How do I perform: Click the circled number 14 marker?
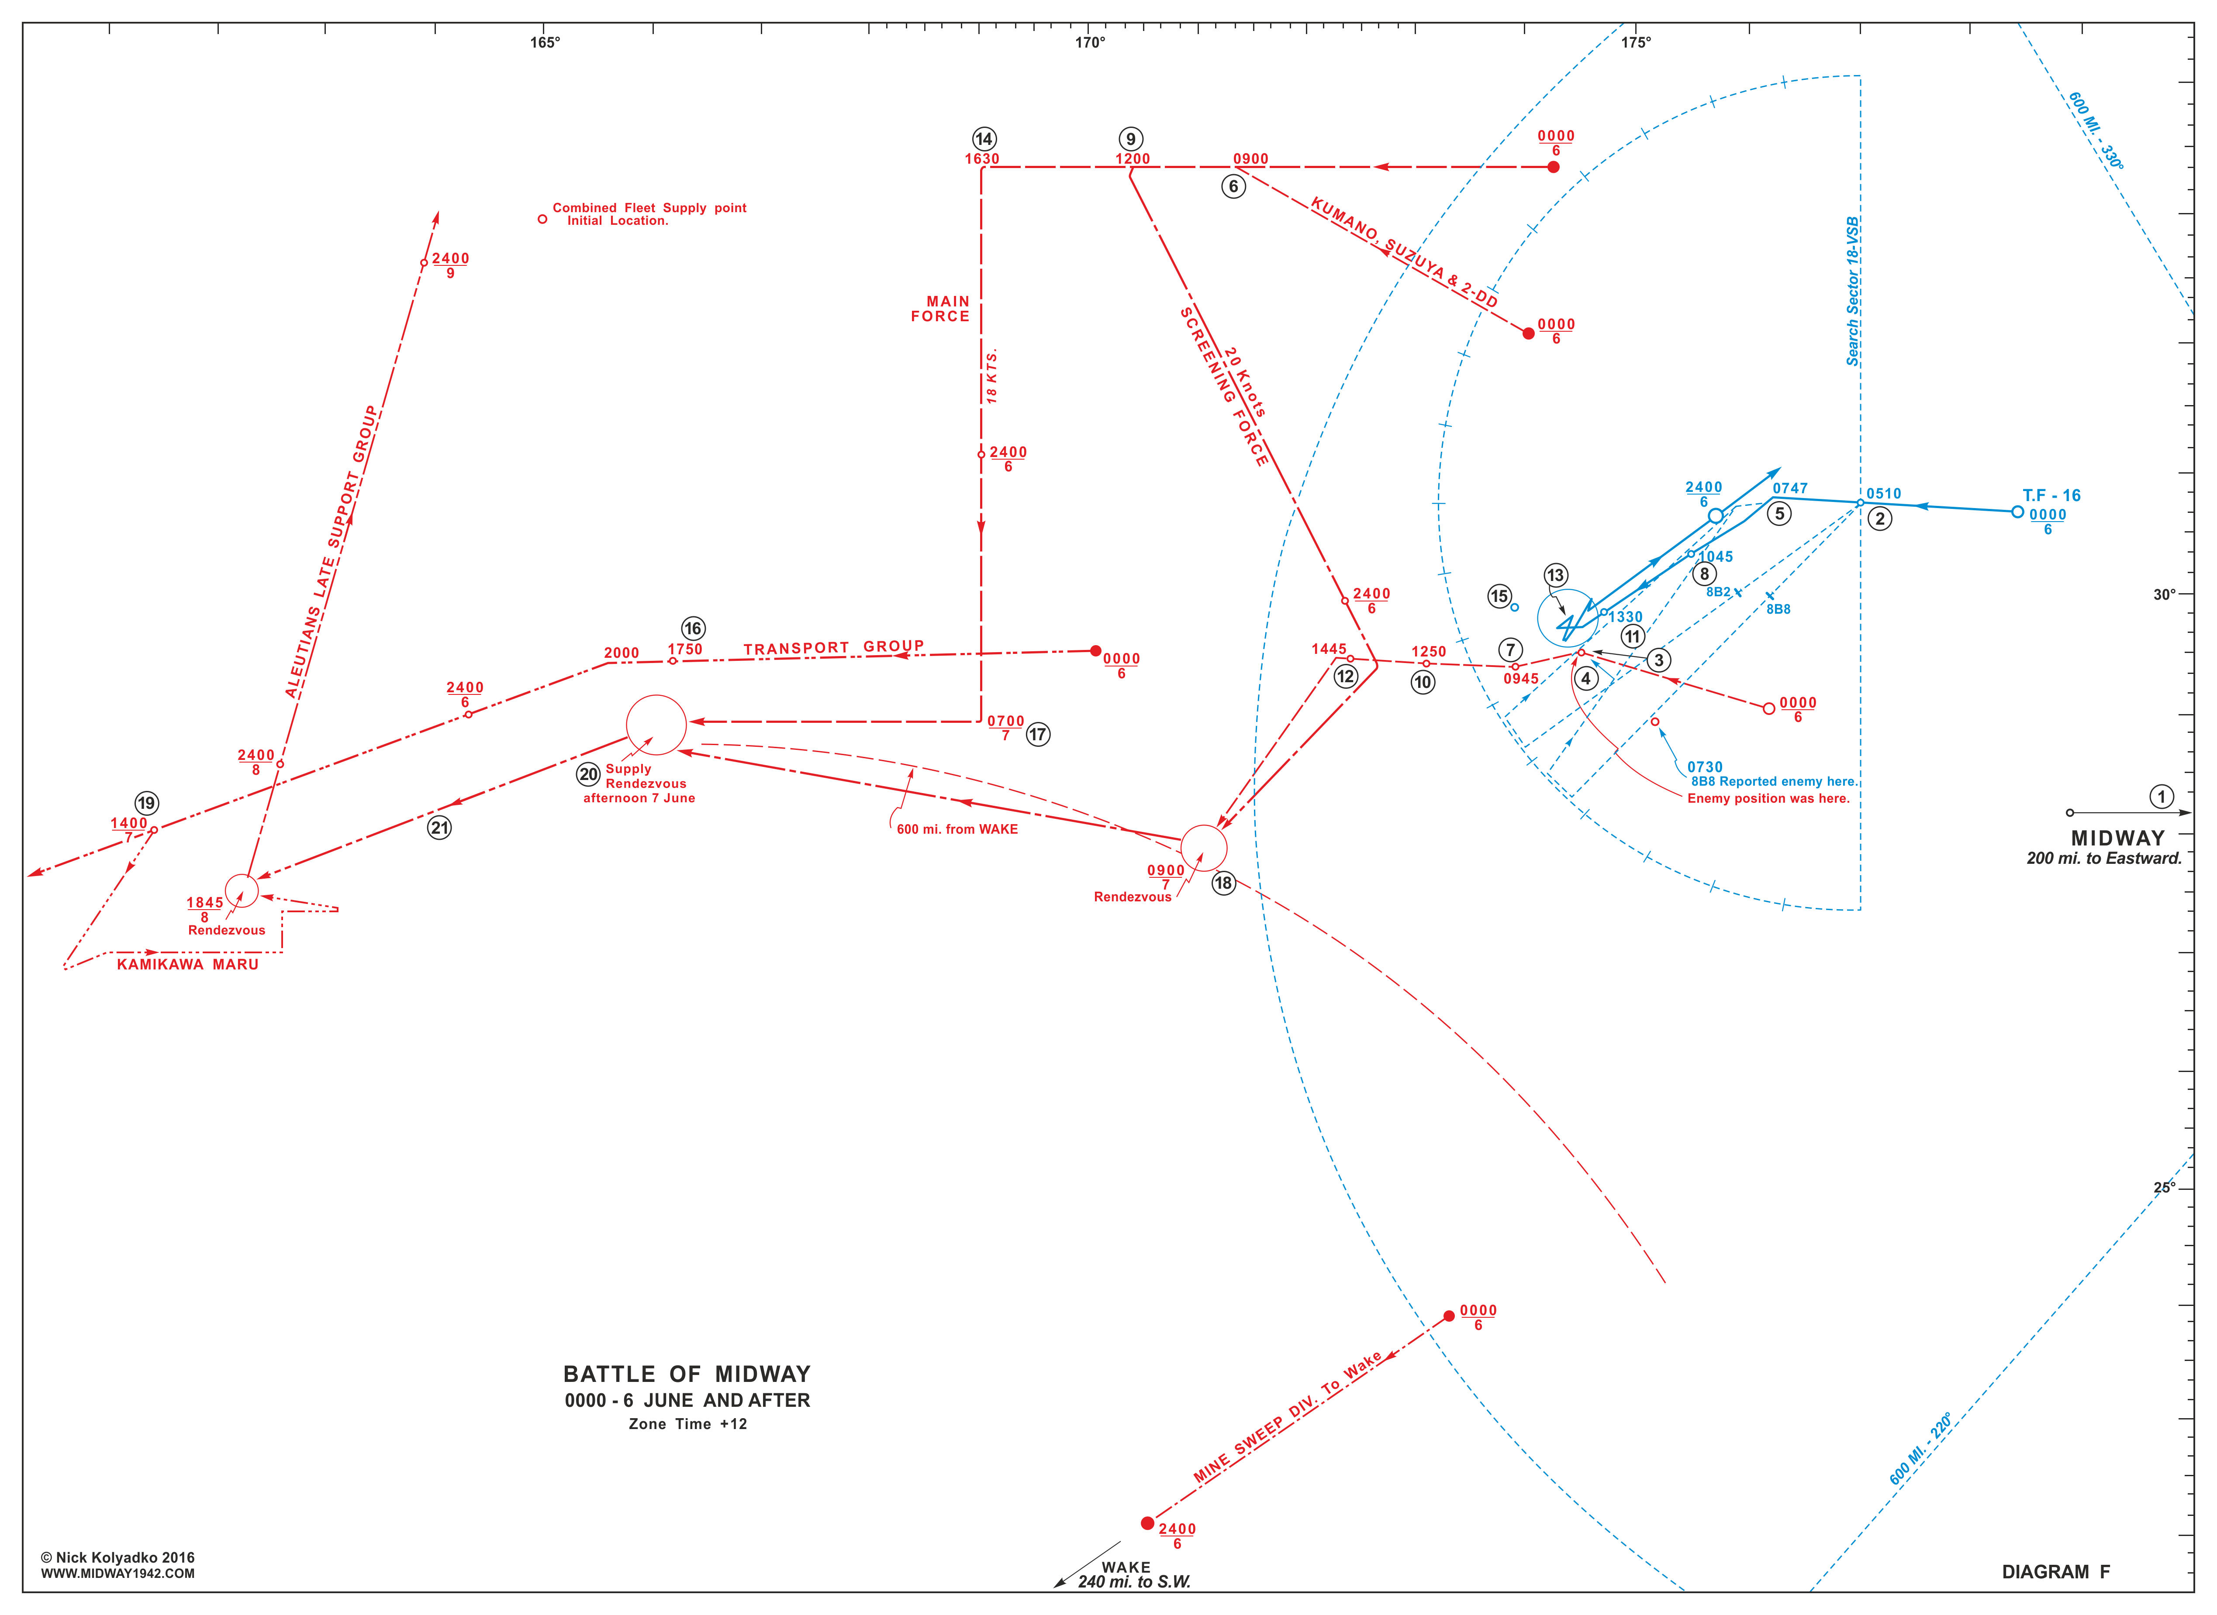click(x=984, y=139)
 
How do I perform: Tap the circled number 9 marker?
click(x=1132, y=139)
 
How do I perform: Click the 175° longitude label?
click(x=1636, y=42)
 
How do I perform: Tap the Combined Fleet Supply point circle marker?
click(x=543, y=219)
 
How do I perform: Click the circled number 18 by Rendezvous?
click(x=1223, y=883)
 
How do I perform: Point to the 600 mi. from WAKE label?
click(x=957, y=829)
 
